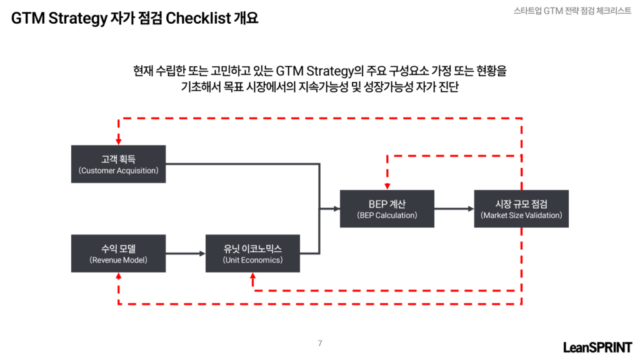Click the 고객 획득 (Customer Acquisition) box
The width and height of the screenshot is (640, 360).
pos(118,164)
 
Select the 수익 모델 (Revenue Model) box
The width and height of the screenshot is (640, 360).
pos(118,254)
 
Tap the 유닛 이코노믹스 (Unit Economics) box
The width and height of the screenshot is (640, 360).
pos(252,254)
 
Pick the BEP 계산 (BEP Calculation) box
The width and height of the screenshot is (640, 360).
pos(387,209)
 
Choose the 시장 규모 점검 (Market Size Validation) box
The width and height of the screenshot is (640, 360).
pos(521,209)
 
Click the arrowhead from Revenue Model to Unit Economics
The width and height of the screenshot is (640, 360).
pos(202,254)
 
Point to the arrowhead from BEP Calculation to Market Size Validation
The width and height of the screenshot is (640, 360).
pos(471,209)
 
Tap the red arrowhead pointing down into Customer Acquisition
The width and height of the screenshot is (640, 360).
pos(118,142)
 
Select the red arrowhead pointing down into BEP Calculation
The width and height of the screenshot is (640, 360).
pos(387,186)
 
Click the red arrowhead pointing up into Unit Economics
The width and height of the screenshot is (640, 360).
pos(252,276)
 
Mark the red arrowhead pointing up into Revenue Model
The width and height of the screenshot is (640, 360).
pos(118,276)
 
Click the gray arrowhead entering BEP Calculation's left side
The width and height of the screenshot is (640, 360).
pos(337,209)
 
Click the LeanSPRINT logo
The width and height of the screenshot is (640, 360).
pos(597,347)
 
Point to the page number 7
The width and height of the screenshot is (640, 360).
pos(320,343)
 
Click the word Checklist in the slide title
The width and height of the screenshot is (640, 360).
pos(198,18)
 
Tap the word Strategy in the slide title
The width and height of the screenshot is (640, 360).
pos(77,18)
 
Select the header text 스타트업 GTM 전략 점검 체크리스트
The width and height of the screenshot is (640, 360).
pos(572,11)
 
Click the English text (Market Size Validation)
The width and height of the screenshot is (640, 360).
pos(521,215)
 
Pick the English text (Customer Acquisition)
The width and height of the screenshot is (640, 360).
pos(118,171)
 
